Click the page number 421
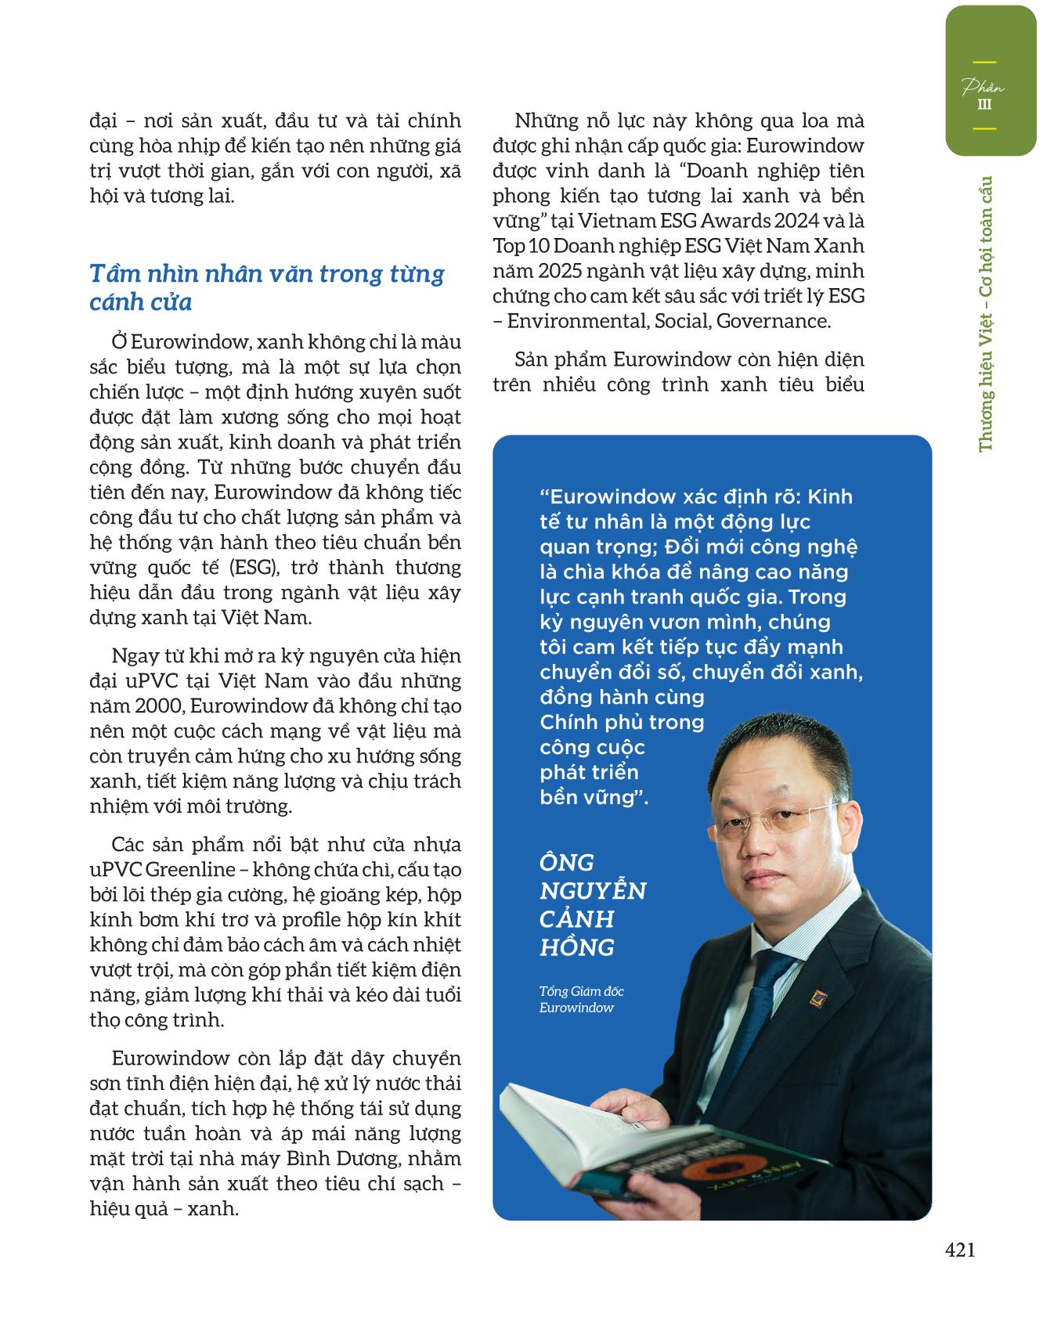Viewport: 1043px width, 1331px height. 960,1250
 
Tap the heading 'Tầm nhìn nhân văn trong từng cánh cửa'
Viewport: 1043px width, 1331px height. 267,287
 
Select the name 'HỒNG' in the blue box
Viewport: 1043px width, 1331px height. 577,947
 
